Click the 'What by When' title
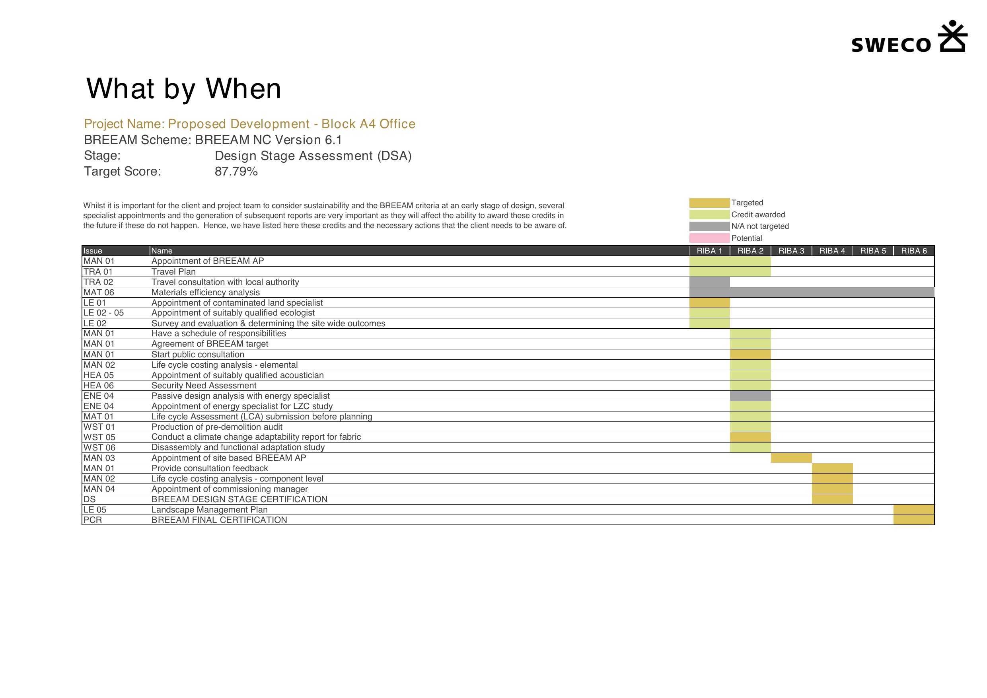click(x=184, y=89)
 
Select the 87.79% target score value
click(x=236, y=172)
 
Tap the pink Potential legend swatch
click(x=709, y=238)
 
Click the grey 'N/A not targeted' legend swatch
click(x=709, y=226)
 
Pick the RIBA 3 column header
click(x=791, y=251)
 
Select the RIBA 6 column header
click(x=913, y=251)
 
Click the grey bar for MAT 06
click(x=812, y=292)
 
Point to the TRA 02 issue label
click(x=98, y=282)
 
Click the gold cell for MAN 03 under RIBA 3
click(x=791, y=458)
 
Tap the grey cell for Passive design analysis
click(x=750, y=396)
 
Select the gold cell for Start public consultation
click(x=750, y=355)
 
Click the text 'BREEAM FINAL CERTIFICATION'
click(x=219, y=520)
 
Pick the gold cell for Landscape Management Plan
click(x=913, y=510)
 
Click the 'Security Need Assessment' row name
click(x=204, y=386)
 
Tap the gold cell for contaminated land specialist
click(x=709, y=303)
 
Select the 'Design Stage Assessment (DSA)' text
click(x=313, y=156)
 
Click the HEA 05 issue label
click(x=98, y=375)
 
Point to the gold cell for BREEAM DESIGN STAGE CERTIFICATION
click(x=832, y=499)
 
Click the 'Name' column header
click(x=162, y=251)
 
